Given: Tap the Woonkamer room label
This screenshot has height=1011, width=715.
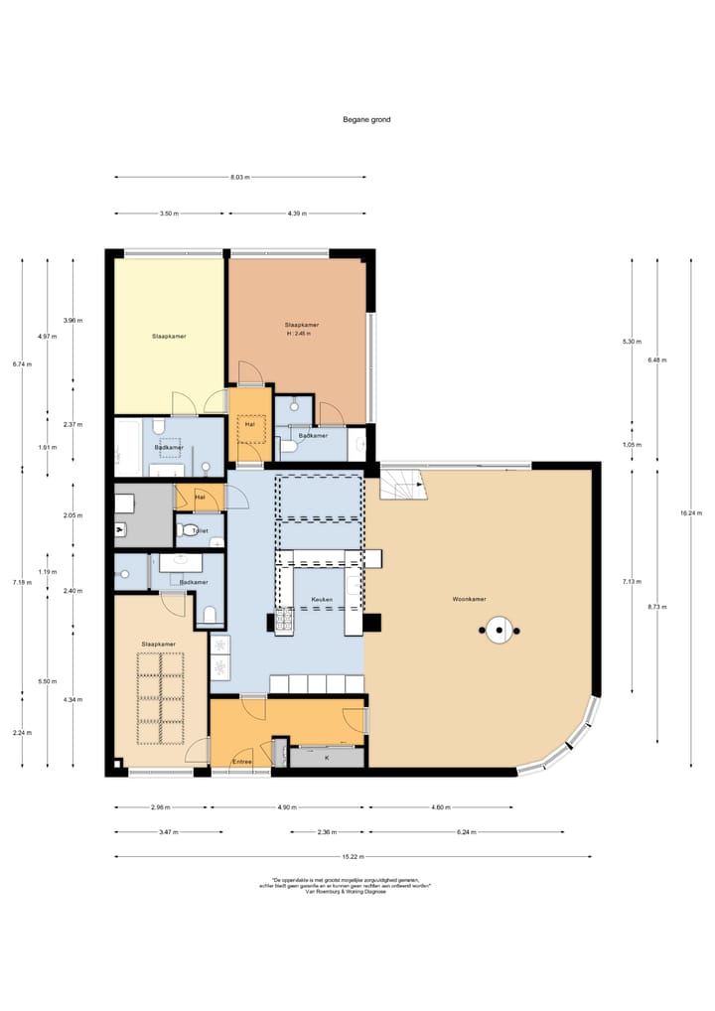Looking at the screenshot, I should [469, 599].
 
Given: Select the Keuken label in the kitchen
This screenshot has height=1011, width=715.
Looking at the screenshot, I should [321, 600].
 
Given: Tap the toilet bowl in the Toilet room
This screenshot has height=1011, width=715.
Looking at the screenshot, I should [189, 530].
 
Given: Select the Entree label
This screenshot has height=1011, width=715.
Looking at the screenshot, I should [241, 762].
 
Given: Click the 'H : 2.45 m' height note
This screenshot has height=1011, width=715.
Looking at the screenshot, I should [298, 334].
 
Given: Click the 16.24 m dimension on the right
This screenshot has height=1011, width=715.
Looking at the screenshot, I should [685, 512].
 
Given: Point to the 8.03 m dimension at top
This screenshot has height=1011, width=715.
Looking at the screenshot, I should [239, 177].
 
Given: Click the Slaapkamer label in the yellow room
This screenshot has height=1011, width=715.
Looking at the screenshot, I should [169, 336].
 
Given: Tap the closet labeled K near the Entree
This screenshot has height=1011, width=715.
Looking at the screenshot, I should [327, 757].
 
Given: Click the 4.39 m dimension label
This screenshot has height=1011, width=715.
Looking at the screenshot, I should [297, 213].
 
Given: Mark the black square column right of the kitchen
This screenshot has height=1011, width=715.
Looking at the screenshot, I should [372, 623].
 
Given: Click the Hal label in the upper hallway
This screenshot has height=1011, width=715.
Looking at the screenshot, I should [249, 424].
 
